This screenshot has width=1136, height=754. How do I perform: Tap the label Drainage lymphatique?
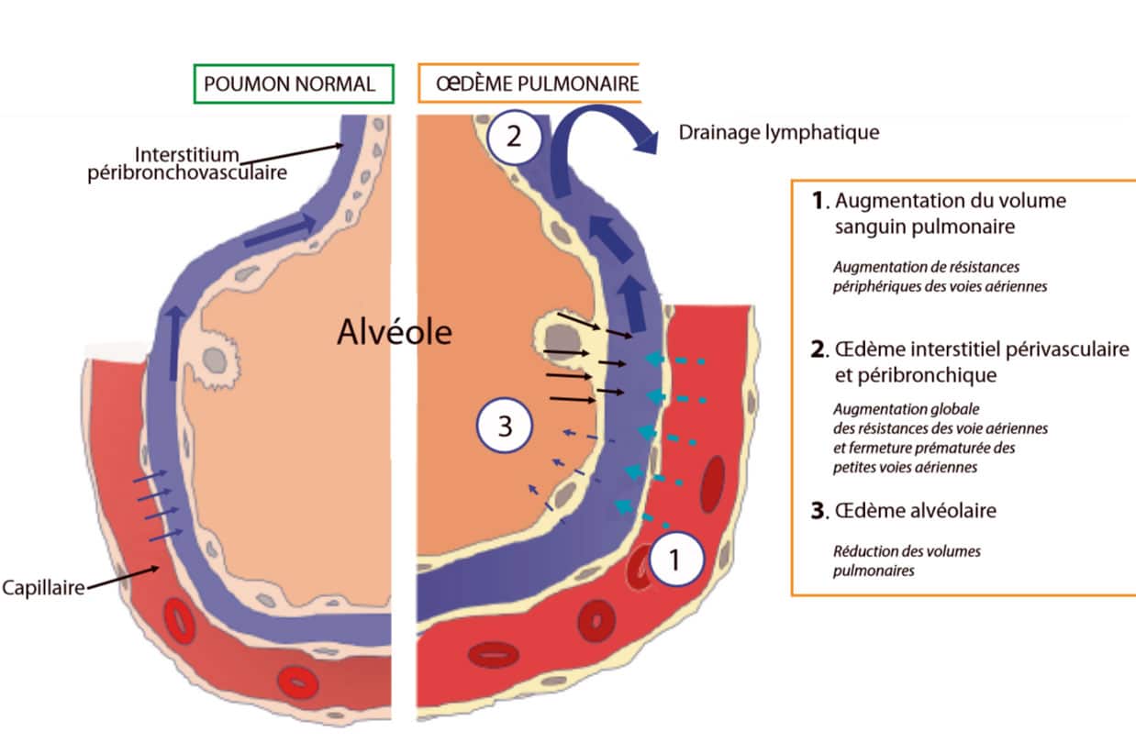(779, 132)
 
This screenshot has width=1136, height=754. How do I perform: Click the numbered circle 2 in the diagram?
(514, 138)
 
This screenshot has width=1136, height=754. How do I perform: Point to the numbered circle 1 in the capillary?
(676, 560)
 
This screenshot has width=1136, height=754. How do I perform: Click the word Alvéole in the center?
(395, 332)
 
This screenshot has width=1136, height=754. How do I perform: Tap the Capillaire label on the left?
(42, 586)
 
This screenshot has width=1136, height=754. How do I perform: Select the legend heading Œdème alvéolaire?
(915, 511)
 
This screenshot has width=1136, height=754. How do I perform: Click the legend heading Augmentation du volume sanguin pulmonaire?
(950, 213)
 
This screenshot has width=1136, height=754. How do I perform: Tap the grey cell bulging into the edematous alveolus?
(551, 335)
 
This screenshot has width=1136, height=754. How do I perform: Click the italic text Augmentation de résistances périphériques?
(927, 276)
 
